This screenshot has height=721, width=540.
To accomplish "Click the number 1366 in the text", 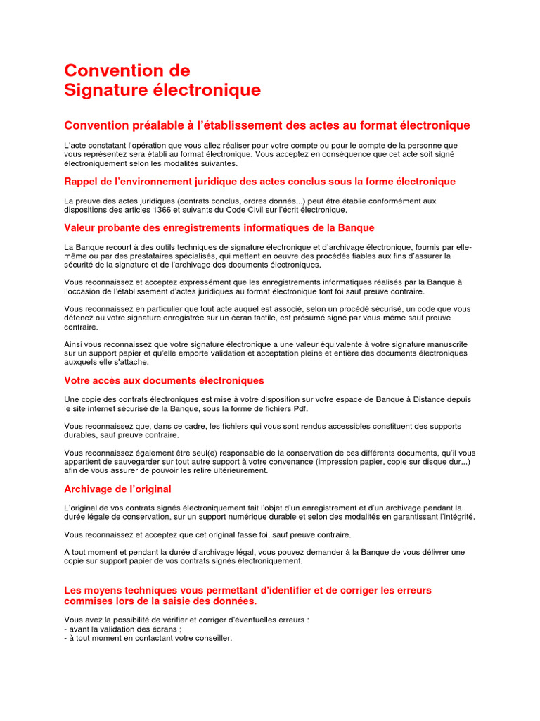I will [x=181, y=209].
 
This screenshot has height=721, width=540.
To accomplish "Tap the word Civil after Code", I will [x=262, y=209].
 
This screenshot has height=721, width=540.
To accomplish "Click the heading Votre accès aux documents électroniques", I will [x=164, y=380].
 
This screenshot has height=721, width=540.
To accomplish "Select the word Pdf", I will [x=300, y=408].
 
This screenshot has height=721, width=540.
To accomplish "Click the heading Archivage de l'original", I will [x=117, y=489].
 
